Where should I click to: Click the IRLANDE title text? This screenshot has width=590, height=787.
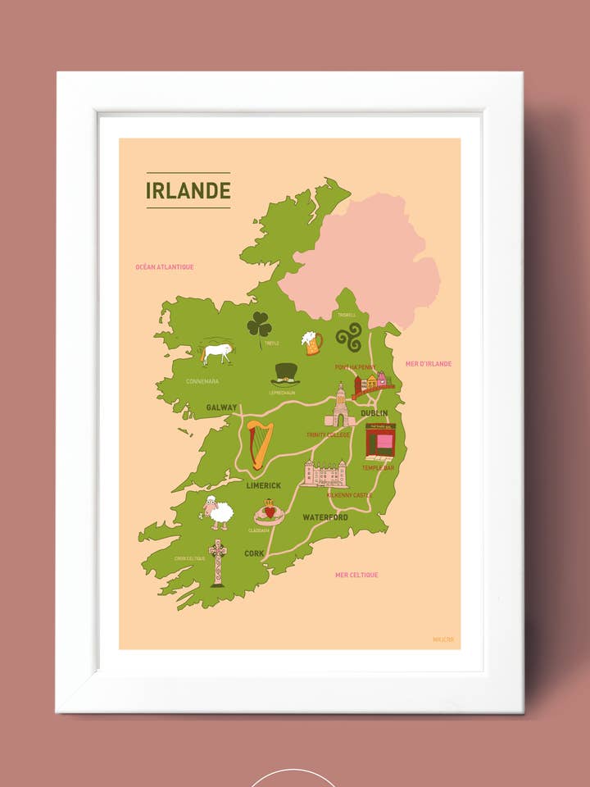click(x=188, y=190)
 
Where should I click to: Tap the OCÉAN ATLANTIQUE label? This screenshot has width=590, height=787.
click(x=165, y=266)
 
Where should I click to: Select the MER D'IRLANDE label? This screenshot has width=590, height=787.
click(x=429, y=364)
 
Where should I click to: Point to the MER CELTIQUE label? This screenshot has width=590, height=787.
click(x=356, y=575)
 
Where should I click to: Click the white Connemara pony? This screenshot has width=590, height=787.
click(x=217, y=353)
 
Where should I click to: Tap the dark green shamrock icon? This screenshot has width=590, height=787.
click(x=260, y=325)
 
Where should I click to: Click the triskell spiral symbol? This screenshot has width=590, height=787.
click(x=348, y=336)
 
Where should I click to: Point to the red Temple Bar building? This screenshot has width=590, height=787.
click(x=380, y=441)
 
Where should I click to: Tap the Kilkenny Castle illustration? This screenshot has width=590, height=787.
click(x=325, y=474)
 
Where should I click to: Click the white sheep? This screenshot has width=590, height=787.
click(x=218, y=512)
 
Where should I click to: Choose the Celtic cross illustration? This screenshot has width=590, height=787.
click(x=217, y=562)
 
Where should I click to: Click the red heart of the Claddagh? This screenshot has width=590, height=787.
click(x=269, y=512)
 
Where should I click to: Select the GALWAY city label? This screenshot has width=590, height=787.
click(x=221, y=407)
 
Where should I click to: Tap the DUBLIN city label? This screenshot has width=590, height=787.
click(x=374, y=413)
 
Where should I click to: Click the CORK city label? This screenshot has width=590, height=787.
click(x=254, y=553)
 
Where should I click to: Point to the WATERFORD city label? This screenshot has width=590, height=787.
click(x=325, y=517)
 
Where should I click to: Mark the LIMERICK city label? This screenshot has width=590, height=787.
click(x=264, y=485)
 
